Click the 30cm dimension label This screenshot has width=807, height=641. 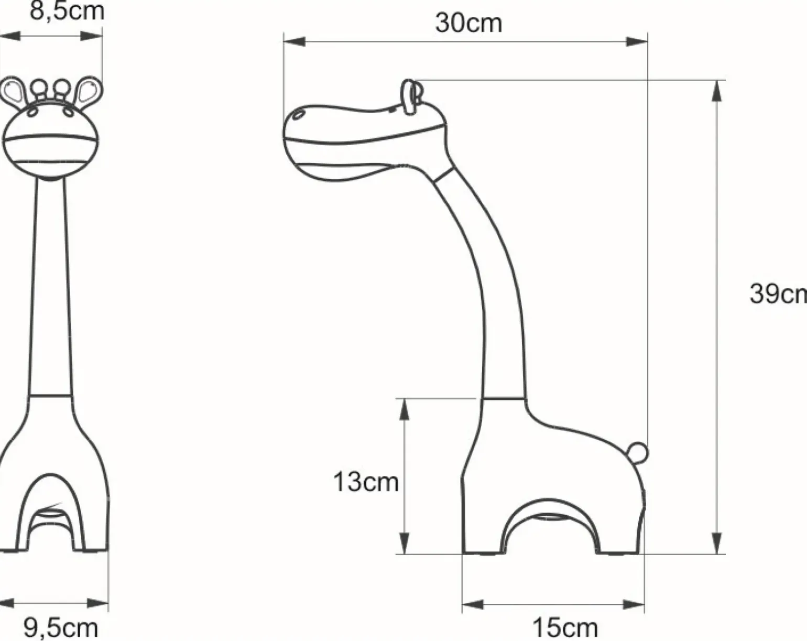[468, 23]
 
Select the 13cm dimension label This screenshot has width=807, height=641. [366, 482]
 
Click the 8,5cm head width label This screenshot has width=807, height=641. [67, 12]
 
